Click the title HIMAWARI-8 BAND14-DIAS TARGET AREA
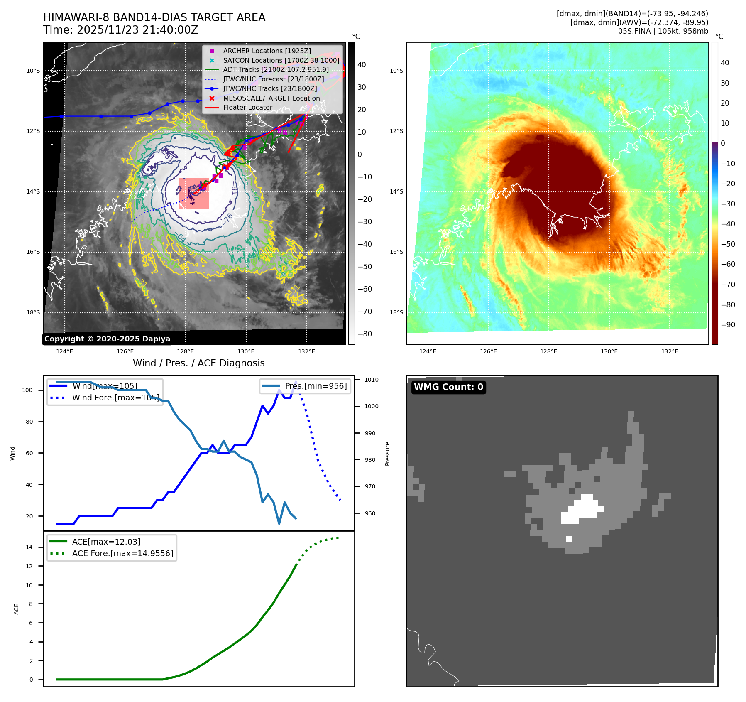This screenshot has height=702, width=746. pyautogui.click(x=154, y=17)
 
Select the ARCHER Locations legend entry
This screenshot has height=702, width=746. pyautogui.click(x=267, y=51)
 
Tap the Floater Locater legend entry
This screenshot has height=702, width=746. pyautogui.click(x=247, y=107)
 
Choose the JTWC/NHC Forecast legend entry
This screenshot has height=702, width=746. pyautogui.click(x=273, y=79)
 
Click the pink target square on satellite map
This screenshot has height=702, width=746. pyautogui.click(x=194, y=193)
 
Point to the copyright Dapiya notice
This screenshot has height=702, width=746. pyautogui.click(x=107, y=339)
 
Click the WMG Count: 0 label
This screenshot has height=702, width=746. pyautogui.click(x=448, y=387)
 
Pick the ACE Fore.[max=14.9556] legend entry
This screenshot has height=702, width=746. pyautogui.click(x=122, y=553)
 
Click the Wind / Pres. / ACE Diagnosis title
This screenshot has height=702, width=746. pyautogui.click(x=198, y=363)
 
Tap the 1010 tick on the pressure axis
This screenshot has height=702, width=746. pyautogui.click(x=371, y=380)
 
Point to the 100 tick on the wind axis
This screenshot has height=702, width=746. pyautogui.click(x=27, y=390)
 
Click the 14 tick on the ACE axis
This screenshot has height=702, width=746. pyautogui.click(x=29, y=547)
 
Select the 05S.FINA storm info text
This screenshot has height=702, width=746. pyautogui.click(x=663, y=31)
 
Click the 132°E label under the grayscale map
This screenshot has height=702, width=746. pyautogui.click(x=306, y=351)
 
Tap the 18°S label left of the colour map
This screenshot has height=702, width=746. pyautogui.click(x=396, y=312)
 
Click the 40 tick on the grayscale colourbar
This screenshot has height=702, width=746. pyautogui.click(x=362, y=65)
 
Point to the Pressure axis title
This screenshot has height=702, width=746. pyautogui.click(x=387, y=454)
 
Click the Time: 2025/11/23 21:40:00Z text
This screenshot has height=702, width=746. pyautogui.click(x=120, y=30)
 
